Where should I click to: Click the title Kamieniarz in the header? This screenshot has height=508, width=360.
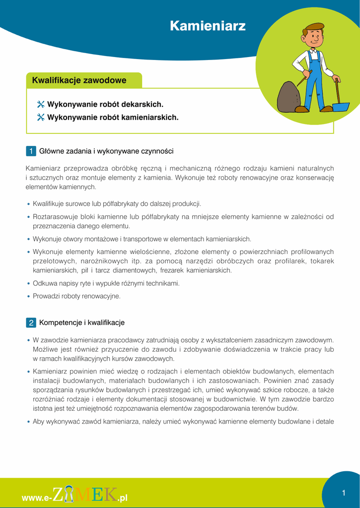(x=208, y=26)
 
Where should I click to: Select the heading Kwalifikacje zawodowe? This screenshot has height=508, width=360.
(x=79, y=80)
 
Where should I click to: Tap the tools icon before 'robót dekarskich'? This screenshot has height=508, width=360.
(x=41, y=105)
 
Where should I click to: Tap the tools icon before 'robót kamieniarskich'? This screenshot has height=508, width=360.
(x=41, y=118)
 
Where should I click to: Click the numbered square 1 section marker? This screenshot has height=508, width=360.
(x=31, y=151)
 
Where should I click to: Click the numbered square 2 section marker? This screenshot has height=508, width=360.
(x=31, y=323)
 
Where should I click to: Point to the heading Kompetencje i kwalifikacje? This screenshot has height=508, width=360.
(x=82, y=323)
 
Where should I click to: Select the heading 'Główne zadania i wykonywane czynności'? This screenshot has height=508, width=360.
(x=106, y=151)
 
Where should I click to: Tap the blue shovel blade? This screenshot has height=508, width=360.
(x=341, y=106)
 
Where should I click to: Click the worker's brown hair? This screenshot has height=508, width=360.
(x=315, y=27)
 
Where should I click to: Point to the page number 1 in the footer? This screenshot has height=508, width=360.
(x=344, y=493)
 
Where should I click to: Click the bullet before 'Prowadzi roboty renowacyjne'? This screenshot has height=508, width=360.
(x=28, y=297)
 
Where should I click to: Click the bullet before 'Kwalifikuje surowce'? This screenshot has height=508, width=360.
(x=28, y=204)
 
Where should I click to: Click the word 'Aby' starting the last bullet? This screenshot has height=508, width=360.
(x=38, y=422)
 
